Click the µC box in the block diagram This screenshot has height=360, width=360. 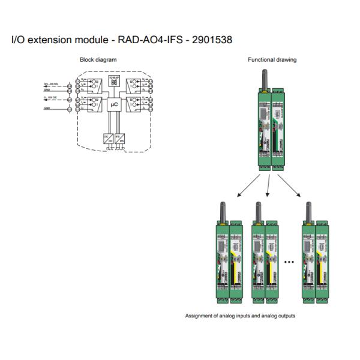pyautogui.click(x=113, y=106)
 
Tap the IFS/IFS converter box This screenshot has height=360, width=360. pyautogui.click(x=120, y=137)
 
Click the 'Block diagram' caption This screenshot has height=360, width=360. pyautogui.click(x=98, y=59)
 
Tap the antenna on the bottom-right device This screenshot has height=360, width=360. pyautogui.click(x=308, y=212)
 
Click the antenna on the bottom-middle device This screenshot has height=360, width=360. pyautogui.click(x=258, y=212)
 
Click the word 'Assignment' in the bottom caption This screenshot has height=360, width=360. pyautogui.click(x=197, y=316)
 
